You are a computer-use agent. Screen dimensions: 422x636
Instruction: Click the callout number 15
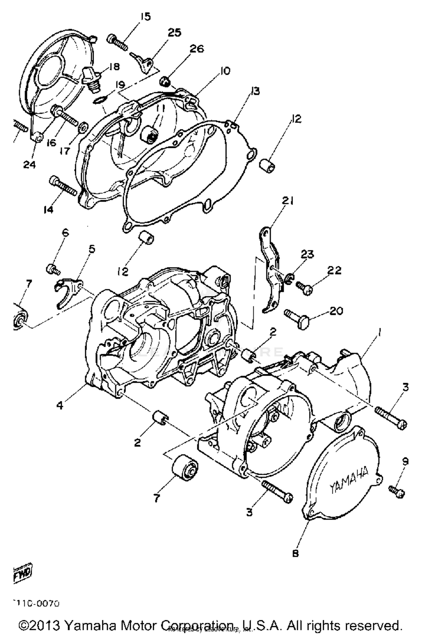tap(146, 17)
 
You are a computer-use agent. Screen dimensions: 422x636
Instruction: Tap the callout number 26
tap(196, 49)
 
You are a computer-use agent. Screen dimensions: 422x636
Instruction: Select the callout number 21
tap(288, 201)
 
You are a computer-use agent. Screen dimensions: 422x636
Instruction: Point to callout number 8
tap(295, 553)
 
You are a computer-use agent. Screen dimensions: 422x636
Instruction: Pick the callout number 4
tap(60, 405)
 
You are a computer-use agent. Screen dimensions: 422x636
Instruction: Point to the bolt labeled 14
tap(63, 186)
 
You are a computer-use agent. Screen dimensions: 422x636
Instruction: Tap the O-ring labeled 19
tap(100, 99)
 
